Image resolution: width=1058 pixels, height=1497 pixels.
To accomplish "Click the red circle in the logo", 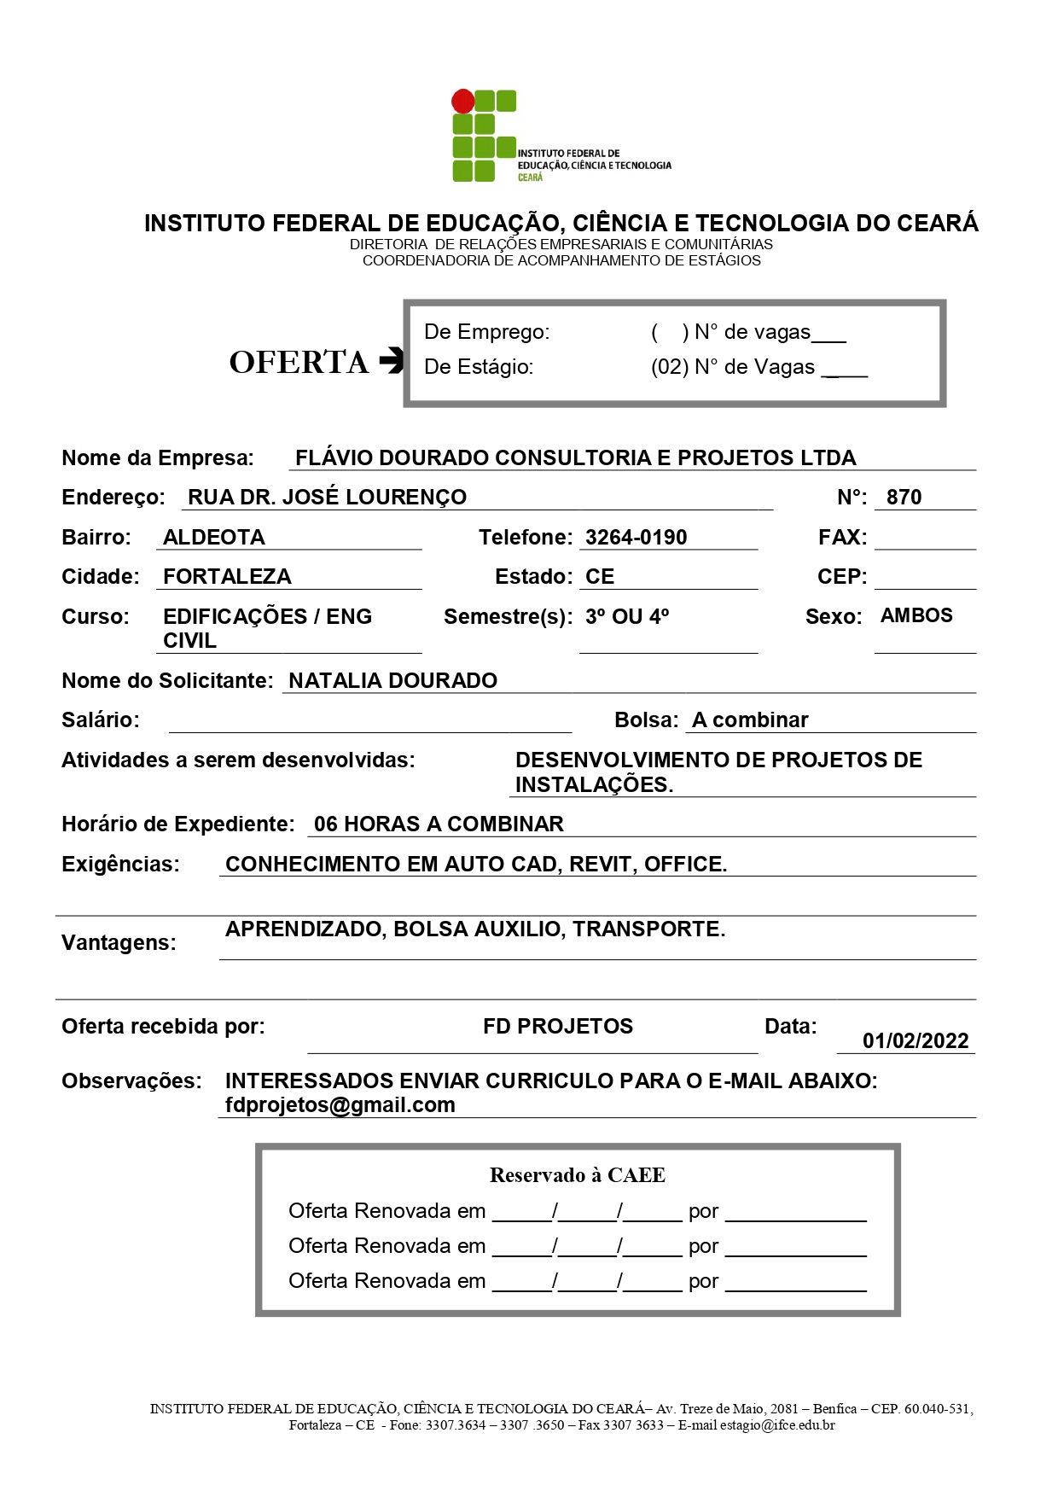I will (463, 101).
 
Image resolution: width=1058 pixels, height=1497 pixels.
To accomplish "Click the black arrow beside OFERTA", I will (391, 361).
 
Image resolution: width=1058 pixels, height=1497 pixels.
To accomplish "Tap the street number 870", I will (904, 498).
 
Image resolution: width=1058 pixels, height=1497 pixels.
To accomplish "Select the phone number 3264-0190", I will (636, 538).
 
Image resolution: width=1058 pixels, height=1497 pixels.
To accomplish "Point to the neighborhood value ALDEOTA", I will (214, 538).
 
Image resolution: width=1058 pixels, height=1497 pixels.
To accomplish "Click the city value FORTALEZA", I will (227, 577).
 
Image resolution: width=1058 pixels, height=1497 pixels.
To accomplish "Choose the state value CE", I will (600, 577).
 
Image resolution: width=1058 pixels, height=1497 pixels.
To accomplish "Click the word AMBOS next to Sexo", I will (916, 616).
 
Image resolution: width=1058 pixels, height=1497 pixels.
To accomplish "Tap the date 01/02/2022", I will (916, 1041).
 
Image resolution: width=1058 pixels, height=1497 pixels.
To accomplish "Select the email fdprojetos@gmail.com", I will (340, 1105).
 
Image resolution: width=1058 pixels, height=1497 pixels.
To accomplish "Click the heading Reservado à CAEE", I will (577, 1176).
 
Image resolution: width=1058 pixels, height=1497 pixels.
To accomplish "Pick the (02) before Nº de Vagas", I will (669, 368).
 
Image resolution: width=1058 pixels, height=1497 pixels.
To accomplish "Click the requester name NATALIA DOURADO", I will (392, 681).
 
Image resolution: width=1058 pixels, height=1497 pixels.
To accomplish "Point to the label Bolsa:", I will (646, 720).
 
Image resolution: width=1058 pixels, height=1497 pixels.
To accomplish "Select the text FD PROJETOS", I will (558, 1027).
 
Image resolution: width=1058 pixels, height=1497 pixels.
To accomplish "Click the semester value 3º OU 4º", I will (627, 617).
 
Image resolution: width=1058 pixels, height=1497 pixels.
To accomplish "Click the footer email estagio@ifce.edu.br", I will (777, 1425).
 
